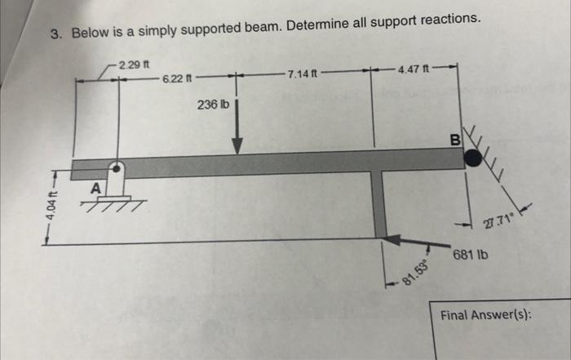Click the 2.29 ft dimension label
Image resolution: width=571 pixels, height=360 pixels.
coord(131,64)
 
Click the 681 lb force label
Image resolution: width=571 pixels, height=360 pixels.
coord(471,255)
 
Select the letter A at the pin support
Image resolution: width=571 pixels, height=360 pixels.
coord(95,189)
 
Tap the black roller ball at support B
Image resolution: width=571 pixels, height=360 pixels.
coord(472,158)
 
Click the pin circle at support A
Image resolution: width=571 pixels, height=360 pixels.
coord(117,169)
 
